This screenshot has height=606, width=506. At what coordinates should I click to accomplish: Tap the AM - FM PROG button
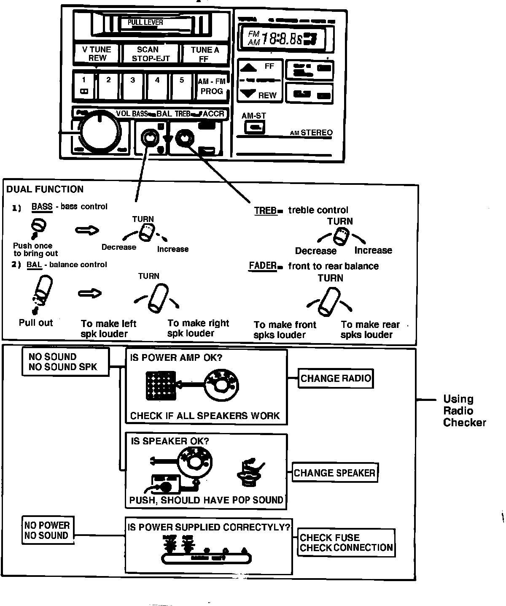(x=212, y=87)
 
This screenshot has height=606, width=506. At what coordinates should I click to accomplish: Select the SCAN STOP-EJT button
(x=151, y=54)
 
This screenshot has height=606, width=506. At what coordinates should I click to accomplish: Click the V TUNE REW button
(x=97, y=54)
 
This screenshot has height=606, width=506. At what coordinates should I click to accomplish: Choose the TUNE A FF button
(x=205, y=54)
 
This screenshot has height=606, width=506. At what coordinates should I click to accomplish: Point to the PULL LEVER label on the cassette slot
(x=145, y=22)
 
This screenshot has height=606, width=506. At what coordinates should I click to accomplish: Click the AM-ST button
(x=255, y=127)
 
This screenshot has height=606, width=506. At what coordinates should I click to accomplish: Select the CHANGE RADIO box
(x=336, y=378)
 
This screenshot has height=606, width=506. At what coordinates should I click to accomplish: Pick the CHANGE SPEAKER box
(x=334, y=473)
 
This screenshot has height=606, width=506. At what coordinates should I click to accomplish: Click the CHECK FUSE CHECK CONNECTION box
(x=346, y=543)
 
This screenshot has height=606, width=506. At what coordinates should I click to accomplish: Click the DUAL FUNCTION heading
(x=45, y=189)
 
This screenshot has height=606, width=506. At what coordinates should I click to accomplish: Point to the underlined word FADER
(x=262, y=266)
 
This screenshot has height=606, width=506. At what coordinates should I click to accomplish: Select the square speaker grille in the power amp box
(x=160, y=385)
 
